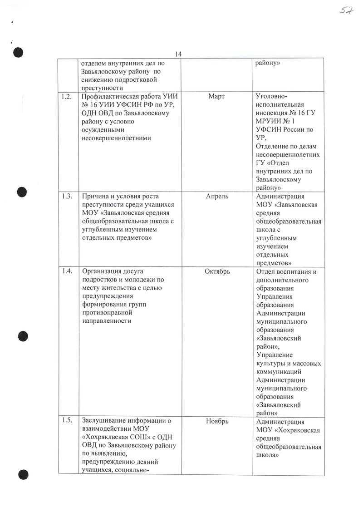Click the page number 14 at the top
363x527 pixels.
178,54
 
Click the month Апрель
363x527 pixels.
217,197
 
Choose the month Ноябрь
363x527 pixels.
217,421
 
